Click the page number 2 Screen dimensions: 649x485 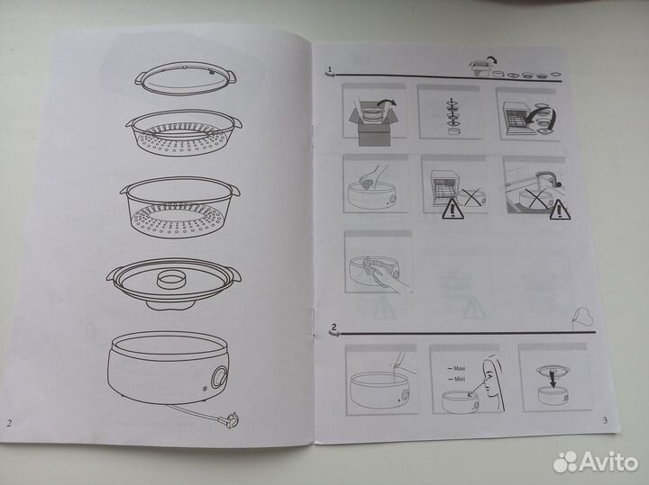coord(9,423)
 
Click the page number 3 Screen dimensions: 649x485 coord(605,420)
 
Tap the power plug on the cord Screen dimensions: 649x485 coord(228,419)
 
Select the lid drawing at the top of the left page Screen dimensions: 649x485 coord(186,78)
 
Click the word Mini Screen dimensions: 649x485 coord(460,379)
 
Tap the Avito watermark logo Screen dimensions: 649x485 coord(596,461)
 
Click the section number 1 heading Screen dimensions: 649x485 coord(330,69)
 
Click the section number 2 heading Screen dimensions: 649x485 coord(334,328)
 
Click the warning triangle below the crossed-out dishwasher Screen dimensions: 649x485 coord(452,209)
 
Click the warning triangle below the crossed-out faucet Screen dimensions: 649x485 coord(560,210)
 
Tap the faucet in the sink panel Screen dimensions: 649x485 coord(547,178)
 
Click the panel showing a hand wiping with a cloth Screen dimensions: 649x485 coord(379,263)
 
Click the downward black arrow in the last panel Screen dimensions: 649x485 coord(553,380)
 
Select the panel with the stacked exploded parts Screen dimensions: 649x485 coord(450,112)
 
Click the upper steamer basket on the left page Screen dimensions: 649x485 coord(184,132)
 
